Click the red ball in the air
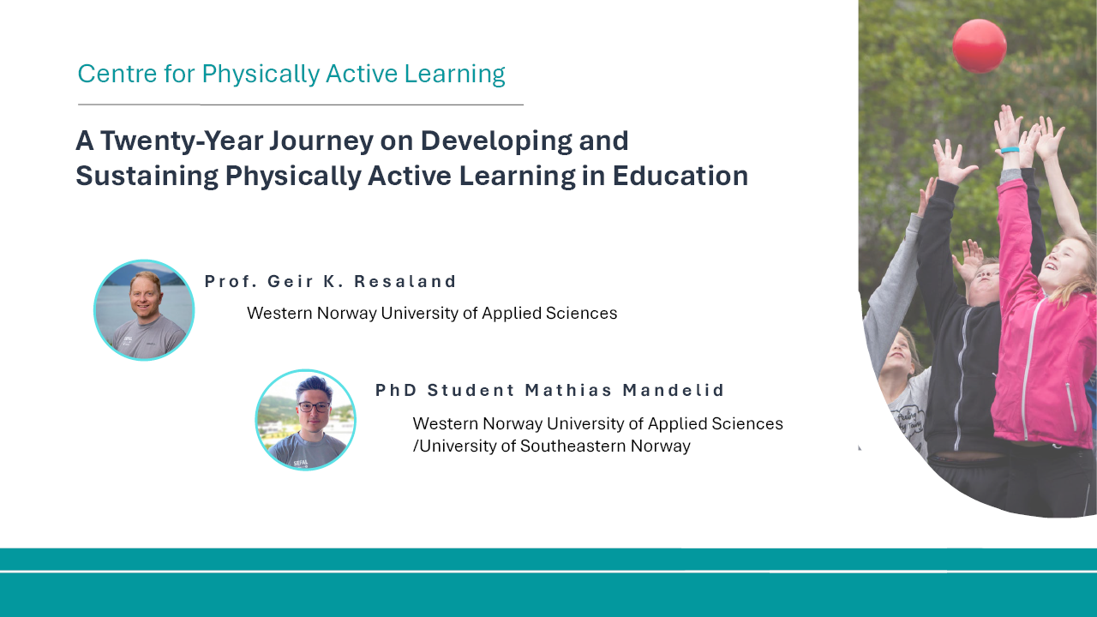(x=979, y=45)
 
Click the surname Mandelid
(x=674, y=391)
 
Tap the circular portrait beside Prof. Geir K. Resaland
(x=144, y=309)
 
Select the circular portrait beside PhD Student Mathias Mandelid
(x=306, y=420)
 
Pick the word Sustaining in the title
(x=147, y=176)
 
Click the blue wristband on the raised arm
(x=1009, y=151)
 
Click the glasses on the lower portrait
(x=314, y=407)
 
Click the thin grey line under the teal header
(x=300, y=105)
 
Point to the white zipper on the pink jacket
(x=1029, y=360)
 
